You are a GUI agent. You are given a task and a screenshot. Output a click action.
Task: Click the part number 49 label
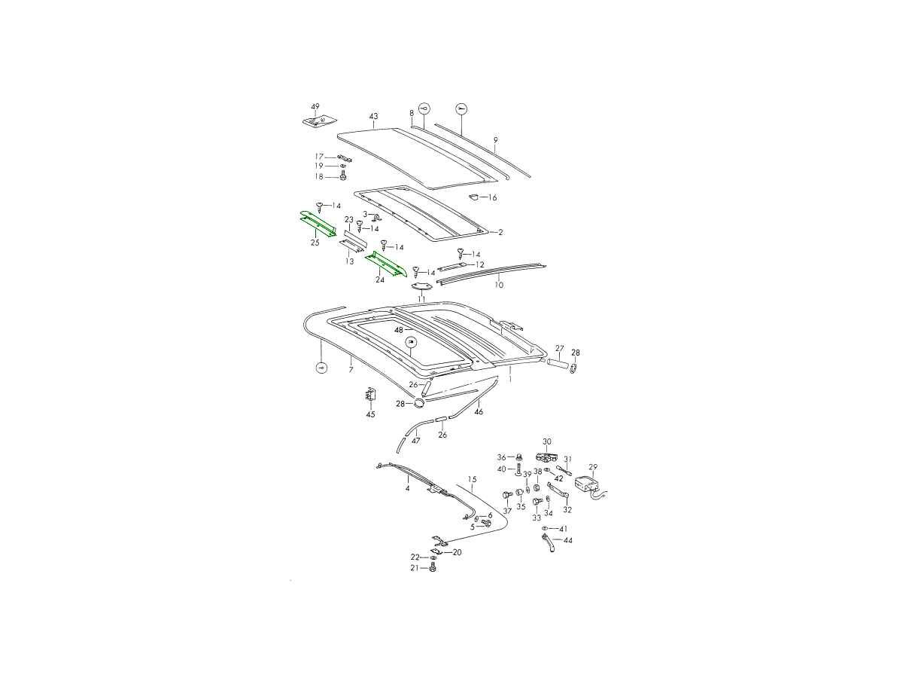point(315,107)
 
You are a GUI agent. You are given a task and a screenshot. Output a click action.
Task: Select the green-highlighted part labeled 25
point(318,224)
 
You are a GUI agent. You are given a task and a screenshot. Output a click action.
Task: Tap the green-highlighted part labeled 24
point(385,264)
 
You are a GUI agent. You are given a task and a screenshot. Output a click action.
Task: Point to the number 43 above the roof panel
point(373,117)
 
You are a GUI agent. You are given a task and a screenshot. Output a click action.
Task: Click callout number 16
point(492,197)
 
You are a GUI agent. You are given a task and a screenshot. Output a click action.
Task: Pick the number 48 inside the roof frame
point(398,330)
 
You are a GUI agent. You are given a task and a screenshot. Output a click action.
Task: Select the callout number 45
point(370,414)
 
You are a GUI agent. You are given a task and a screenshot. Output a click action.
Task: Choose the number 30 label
point(547,441)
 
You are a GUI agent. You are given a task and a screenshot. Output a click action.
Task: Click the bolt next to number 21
point(432,568)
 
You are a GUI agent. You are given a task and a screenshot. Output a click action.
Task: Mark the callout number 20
point(457,552)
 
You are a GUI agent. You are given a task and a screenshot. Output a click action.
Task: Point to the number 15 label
point(473,479)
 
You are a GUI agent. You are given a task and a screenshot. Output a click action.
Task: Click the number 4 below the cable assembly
point(407,489)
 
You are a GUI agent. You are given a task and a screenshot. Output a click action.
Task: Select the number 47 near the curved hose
point(416,441)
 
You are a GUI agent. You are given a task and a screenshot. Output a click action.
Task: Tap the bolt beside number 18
point(343,176)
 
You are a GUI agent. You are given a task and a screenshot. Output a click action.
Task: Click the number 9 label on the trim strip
point(496,140)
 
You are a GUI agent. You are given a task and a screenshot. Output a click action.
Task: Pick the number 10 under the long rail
point(499,285)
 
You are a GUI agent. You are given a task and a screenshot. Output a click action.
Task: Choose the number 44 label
point(567,540)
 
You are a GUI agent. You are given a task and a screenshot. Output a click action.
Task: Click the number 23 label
point(349,220)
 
